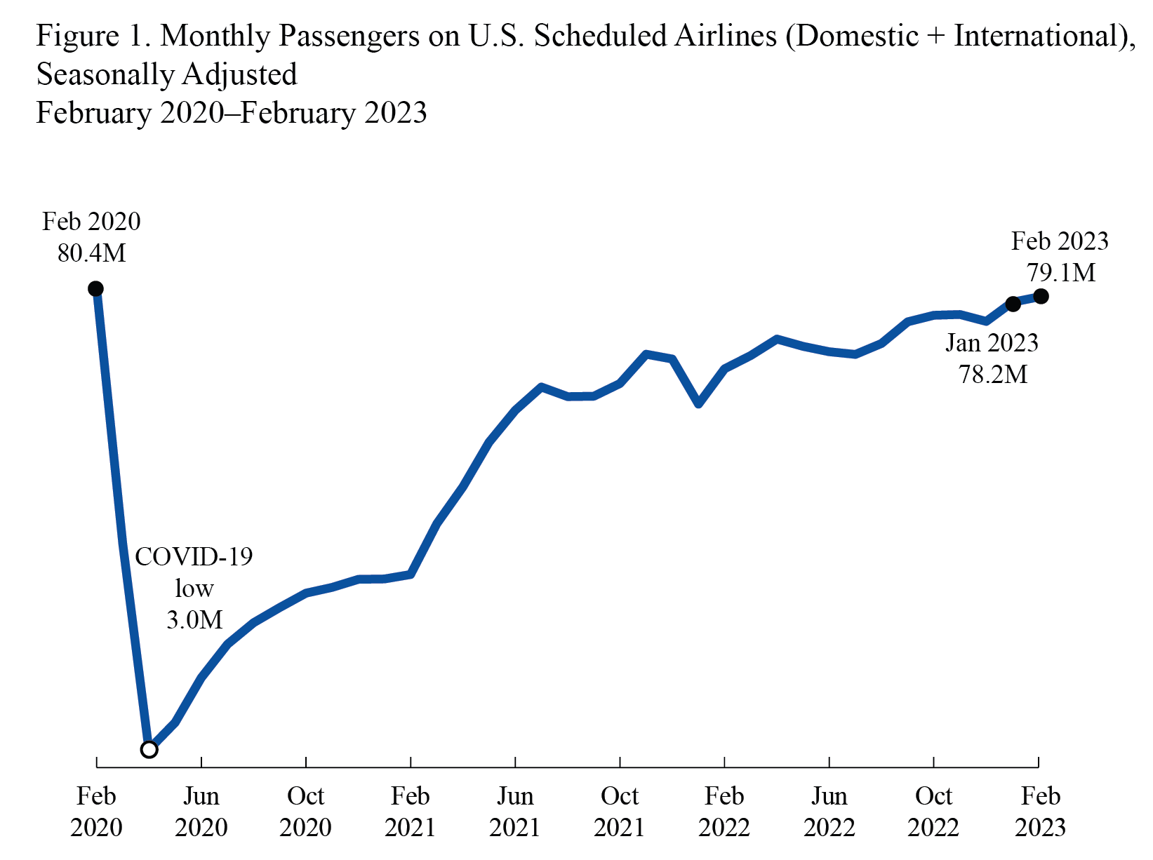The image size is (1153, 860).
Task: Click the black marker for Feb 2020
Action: click(x=96, y=288)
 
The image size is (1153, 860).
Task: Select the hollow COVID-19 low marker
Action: click(x=149, y=749)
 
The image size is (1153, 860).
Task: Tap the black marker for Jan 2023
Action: click(x=1013, y=304)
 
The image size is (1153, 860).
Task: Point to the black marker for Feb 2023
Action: click(x=1041, y=296)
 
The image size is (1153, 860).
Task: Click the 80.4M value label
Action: click(x=92, y=253)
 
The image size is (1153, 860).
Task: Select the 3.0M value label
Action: click(x=194, y=619)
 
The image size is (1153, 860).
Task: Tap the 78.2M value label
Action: click(x=993, y=374)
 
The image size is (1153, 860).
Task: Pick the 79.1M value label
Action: click(x=1060, y=272)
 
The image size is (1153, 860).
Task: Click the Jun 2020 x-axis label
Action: click(x=201, y=812)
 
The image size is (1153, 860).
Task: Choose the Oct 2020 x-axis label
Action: click(x=306, y=812)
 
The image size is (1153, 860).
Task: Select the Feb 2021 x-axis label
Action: click(x=411, y=812)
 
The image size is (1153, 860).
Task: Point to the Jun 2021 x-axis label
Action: click(x=515, y=812)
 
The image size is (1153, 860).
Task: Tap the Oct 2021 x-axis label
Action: click(x=620, y=812)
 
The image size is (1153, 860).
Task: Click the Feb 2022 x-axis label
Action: click(x=724, y=812)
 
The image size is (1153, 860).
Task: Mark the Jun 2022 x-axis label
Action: click(x=829, y=812)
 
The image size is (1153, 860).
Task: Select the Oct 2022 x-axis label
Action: click(x=933, y=812)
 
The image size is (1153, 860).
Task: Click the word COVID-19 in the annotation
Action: click(x=194, y=556)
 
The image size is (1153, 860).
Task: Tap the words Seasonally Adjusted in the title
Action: click(x=167, y=74)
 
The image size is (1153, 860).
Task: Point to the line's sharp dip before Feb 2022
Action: click(x=699, y=403)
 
